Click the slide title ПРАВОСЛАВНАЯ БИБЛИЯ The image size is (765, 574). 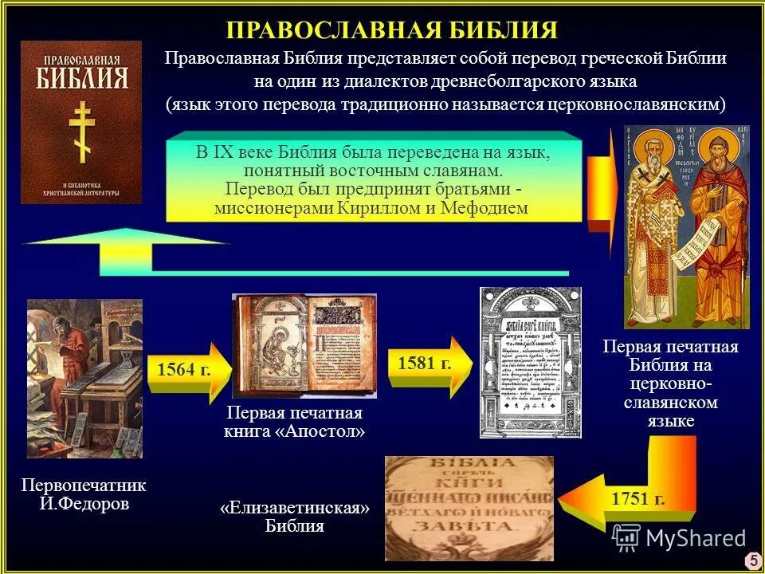(391, 30)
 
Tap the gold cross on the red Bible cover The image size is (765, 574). (80, 132)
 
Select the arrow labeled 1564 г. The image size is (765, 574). (188, 372)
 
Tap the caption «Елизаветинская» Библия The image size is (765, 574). (295, 517)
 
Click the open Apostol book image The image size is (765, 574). (304, 346)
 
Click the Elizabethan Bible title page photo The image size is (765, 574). (469, 507)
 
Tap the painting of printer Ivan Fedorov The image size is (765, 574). (84, 378)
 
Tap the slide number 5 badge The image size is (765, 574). (751, 561)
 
